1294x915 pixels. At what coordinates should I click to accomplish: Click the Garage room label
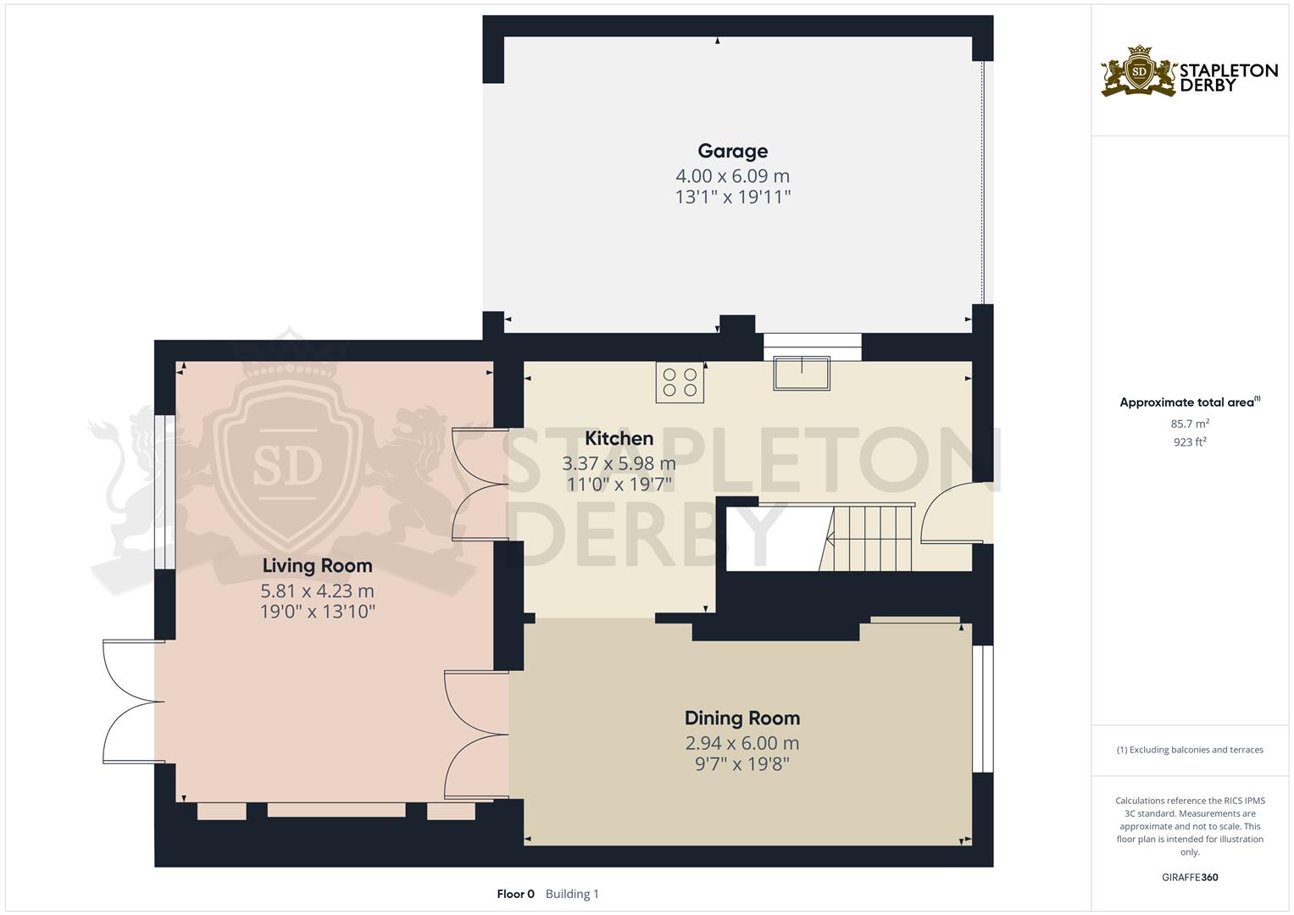tap(732, 151)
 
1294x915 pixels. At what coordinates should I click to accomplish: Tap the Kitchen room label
tap(619, 438)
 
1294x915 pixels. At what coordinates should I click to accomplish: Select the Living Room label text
tap(317, 565)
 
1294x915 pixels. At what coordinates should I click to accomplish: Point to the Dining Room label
tap(741, 718)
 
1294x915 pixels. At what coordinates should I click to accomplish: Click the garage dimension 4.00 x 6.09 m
tap(732, 176)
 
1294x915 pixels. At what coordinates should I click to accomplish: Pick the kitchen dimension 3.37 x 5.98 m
tap(619, 463)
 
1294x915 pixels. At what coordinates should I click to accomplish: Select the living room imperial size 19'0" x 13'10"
tap(317, 612)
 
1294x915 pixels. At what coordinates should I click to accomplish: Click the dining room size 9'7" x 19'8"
tap(741, 764)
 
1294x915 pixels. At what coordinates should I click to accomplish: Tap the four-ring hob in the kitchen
tap(680, 382)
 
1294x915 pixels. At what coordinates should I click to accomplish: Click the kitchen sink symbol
tap(801, 374)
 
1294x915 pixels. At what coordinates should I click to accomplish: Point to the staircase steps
tap(869, 537)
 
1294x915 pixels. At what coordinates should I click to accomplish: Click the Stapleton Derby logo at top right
tap(1189, 72)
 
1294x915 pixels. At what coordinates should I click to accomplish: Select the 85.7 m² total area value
tap(1189, 424)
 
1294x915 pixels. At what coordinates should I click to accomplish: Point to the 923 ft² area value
tap(1189, 442)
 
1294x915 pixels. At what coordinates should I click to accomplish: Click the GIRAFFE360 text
tap(1189, 877)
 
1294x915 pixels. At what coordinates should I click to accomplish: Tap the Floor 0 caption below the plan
tap(515, 894)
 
